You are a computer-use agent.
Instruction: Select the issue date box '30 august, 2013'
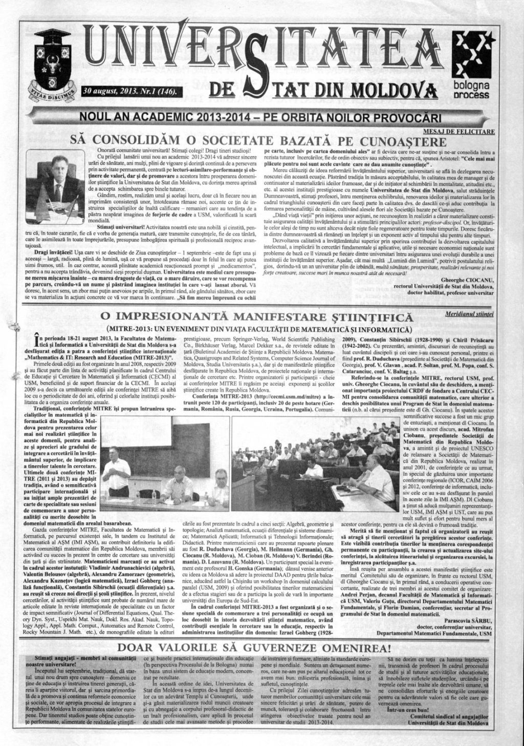(128, 92)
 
